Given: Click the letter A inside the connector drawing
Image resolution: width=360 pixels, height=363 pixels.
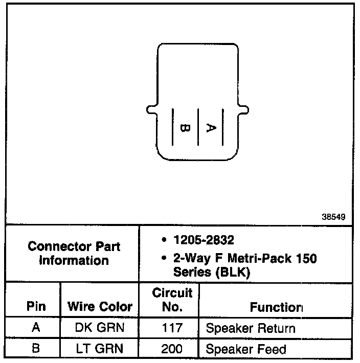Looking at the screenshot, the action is pyautogui.click(x=210, y=127).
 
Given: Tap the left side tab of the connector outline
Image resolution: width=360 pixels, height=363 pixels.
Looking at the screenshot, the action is pyautogui.click(x=150, y=109).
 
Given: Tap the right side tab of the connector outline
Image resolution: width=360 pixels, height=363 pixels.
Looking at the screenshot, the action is pyautogui.click(x=244, y=109).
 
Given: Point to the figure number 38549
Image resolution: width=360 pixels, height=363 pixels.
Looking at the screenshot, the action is pyautogui.click(x=333, y=217).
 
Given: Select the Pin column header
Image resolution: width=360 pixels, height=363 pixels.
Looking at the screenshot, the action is pyautogui.click(x=36, y=307).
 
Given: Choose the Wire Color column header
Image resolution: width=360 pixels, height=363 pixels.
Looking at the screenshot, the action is pyautogui.click(x=100, y=307).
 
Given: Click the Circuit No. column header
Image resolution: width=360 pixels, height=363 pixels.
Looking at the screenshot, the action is pyautogui.click(x=172, y=300).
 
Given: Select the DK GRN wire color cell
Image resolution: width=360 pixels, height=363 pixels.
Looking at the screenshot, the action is pyautogui.click(x=100, y=328).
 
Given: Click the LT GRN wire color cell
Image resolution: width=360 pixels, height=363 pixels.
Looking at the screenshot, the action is pyautogui.click(x=100, y=349).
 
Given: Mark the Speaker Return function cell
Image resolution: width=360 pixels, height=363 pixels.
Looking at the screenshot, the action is pyautogui.click(x=251, y=328).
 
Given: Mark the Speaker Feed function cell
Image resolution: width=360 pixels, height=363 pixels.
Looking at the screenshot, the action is pyautogui.click(x=245, y=350).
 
